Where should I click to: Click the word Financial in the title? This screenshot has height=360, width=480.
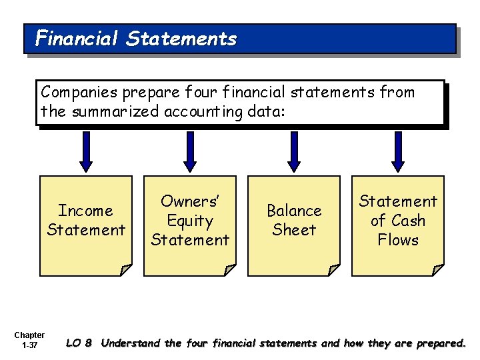pyautogui.click(x=77, y=39)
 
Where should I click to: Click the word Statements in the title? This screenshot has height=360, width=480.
pyautogui.click(x=181, y=39)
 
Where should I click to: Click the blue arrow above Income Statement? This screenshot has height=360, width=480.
pyautogui.click(x=85, y=151)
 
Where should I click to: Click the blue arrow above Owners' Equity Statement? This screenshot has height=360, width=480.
pyautogui.click(x=190, y=151)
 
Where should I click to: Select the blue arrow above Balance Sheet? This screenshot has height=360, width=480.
pyautogui.click(x=294, y=151)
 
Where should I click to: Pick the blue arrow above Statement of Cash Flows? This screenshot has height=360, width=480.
pyautogui.click(x=398, y=151)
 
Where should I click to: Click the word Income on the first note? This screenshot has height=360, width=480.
pyautogui.click(x=86, y=211)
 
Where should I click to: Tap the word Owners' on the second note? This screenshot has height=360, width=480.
pyautogui.click(x=190, y=201)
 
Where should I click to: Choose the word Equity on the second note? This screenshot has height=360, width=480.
pyautogui.click(x=190, y=221)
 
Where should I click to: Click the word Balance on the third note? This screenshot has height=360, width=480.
pyautogui.click(x=294, y=211)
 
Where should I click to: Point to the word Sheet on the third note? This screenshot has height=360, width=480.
pyautogui.click(x=294, y=230)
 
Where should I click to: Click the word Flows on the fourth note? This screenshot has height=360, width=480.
pyautogui.click(x=398, y=240)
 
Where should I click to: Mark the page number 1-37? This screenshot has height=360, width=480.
pyautogui.click(x=29, y=346)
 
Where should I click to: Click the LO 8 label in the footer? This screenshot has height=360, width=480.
pyautogui.click(x=79, y=344)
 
